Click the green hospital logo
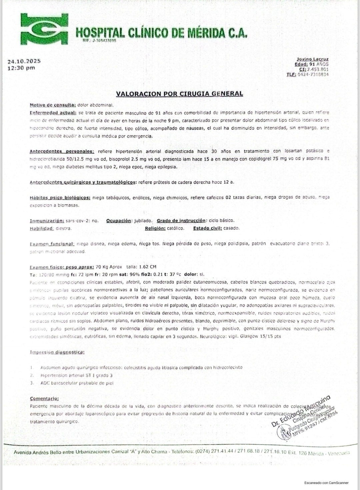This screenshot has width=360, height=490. pos(44,29)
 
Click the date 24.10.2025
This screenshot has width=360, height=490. pos(24,61)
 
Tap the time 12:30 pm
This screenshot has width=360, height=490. pos(21,68)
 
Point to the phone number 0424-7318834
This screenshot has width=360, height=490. pos(313,74)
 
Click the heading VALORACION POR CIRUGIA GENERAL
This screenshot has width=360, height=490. pos(179,94)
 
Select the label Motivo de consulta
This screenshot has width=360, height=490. pos(53,105)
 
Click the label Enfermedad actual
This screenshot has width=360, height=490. pos(53,113)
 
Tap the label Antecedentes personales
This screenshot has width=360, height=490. pos(62,151)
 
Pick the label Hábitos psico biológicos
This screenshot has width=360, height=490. pos(60,197)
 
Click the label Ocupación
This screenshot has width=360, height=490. pos(118,221)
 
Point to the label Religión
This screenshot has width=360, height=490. pos(155,228)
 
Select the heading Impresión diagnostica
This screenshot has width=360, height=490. pos(57,352)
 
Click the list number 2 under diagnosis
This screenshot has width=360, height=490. pos(32,375)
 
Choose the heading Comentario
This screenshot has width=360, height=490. pos(44,398)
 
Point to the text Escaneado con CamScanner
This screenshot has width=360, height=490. pos(326,483)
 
